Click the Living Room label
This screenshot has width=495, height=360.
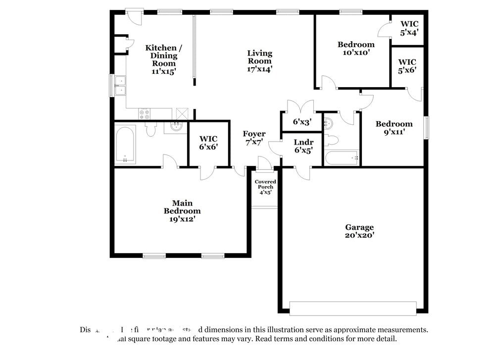[x=260, y=61]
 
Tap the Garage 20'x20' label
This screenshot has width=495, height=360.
[x=359, y=231]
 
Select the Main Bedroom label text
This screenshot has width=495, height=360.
[x=182, y=210]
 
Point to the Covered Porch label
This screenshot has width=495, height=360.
[x=265, y=187]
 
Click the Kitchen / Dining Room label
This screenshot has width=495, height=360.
[x=163, y=59]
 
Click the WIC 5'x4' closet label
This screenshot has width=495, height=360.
[x=409, y=28]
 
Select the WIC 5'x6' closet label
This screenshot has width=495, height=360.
[x=407, y=66]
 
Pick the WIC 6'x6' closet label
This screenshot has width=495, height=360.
[x=208, y=143]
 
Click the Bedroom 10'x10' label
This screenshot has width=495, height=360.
[x=355, y=48]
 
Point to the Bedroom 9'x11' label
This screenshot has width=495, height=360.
[x=394, y=128]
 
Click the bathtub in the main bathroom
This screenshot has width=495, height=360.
[x=125, y=144]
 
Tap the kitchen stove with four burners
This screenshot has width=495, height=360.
[x=145, y=114]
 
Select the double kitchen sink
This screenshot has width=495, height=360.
[x=120, y=85]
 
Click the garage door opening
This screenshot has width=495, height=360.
[x=352, y=308]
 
